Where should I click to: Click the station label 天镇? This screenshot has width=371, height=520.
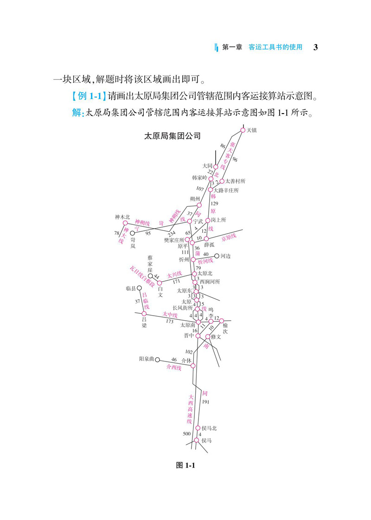click(252, 130)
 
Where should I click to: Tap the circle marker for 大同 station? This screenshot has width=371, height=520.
click(216, 166)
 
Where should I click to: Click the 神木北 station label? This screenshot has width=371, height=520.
click(122, 217)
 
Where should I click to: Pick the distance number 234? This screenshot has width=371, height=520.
click(172, 233)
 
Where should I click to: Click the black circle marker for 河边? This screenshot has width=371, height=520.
click(217, 255)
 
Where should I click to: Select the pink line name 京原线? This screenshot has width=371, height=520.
click(228, 238)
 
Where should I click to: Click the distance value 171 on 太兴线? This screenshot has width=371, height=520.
click(176, 282)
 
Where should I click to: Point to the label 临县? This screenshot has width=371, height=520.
click(131, 288)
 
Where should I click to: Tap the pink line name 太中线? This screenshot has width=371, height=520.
click(170, 314)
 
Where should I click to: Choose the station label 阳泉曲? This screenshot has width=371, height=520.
click(147, 359)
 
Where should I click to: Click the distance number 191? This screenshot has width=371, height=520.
click(206, 401)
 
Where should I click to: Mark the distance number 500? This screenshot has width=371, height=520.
click(187, 434)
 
